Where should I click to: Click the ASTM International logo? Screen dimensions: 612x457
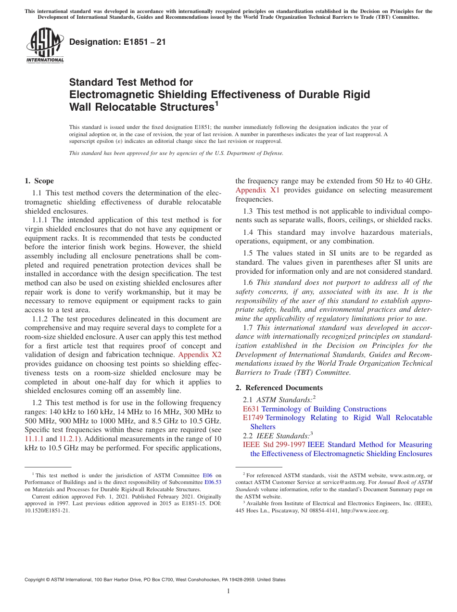pyautogui.click(x=45, y=46)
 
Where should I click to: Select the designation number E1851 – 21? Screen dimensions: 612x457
pyautogui.click(x=118, y=42)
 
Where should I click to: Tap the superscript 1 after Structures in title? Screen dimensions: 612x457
pyautogui.click(x=216, y=103)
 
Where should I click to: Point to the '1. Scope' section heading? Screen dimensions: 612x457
pyautogui.click(x=39, y=181)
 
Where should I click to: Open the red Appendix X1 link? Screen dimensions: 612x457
pyautogui.click(x=257, y=190)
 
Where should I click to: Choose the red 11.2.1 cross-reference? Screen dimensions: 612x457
pyautogui.click(x=68, y=439)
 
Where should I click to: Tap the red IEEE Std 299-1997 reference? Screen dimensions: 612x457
pyautogui.click(x=274, y=445)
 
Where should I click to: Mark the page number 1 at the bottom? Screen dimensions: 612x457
pyautogui.click(x=228, y=591)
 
